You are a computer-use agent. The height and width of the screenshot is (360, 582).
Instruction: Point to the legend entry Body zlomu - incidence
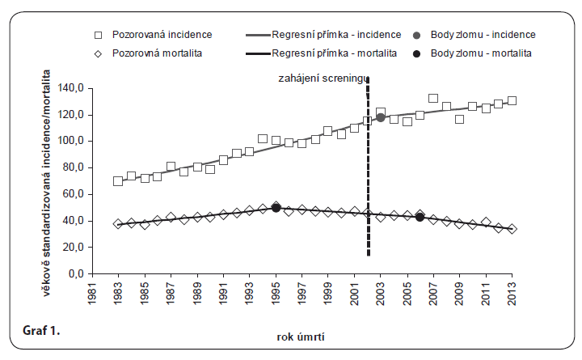483,35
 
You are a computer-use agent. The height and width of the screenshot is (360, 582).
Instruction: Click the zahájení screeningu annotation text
318,78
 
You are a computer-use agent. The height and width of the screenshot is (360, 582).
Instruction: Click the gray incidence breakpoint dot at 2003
380,118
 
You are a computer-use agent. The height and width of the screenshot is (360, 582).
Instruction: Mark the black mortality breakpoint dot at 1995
276,208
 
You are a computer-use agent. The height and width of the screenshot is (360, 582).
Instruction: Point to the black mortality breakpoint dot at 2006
420,217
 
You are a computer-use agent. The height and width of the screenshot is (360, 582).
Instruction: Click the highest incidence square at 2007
433,99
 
